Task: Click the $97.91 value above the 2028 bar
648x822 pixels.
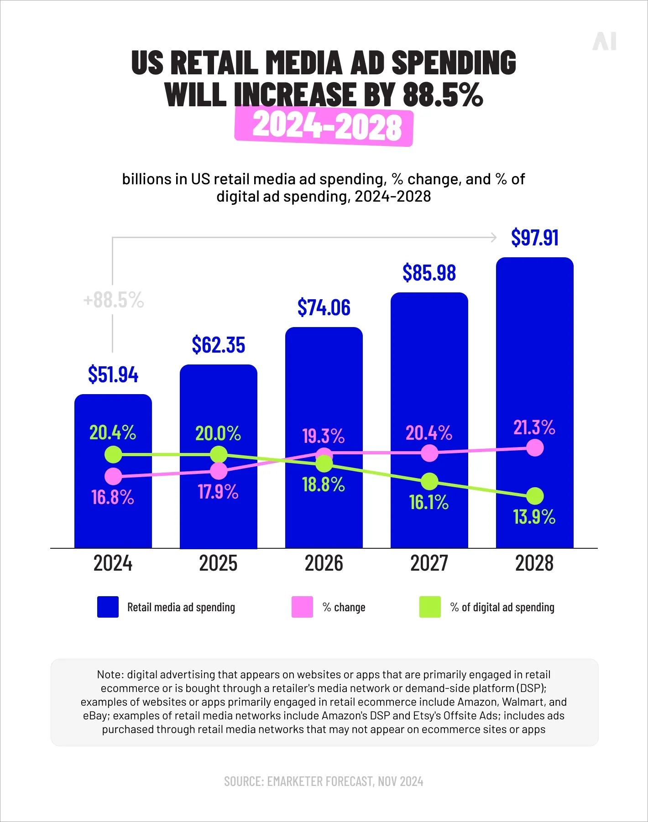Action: coord(534,238)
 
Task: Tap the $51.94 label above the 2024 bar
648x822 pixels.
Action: coord(113,375)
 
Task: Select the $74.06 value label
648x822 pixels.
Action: coord(324,307)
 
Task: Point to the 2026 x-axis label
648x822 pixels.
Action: coord(324,563)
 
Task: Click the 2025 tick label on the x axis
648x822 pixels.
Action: coord(218,563)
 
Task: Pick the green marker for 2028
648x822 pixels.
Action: coord(535,496)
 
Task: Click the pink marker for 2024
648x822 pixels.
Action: coord(113,477)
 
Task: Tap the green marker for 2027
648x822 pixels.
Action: coord(429,481)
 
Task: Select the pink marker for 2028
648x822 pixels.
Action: coord(535,448)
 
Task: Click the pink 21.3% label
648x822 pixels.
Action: coord(534,427)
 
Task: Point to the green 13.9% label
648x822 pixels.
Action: coord(534,517)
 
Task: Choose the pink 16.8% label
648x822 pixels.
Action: coord(113,497)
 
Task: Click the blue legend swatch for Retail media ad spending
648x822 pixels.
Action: coord(108,607)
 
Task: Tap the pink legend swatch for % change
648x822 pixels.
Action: coord(302,607)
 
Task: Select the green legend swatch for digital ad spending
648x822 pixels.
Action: coord(430,607)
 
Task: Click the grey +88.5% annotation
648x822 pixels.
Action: coord(114,300)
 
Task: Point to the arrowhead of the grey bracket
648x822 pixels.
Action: coord(494,237)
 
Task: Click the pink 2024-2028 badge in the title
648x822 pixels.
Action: coord(324,126)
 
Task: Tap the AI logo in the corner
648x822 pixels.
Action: coord(605,42)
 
